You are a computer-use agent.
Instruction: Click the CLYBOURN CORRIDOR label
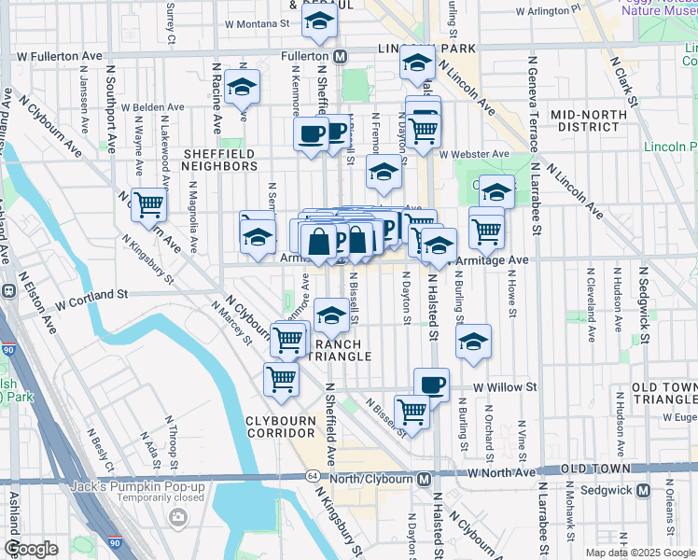coord(280,427)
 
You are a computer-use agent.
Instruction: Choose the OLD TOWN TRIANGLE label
coord(663,393)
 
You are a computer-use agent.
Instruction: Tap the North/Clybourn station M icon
coord(424,479)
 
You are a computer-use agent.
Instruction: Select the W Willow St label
coord(505,386)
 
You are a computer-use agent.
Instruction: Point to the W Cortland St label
coord(91,294)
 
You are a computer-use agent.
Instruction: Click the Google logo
coord(31,549)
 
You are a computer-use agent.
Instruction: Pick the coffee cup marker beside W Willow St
coord(431,383)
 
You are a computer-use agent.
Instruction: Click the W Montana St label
coord(258,23)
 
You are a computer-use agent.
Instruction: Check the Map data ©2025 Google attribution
coord(640,553)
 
